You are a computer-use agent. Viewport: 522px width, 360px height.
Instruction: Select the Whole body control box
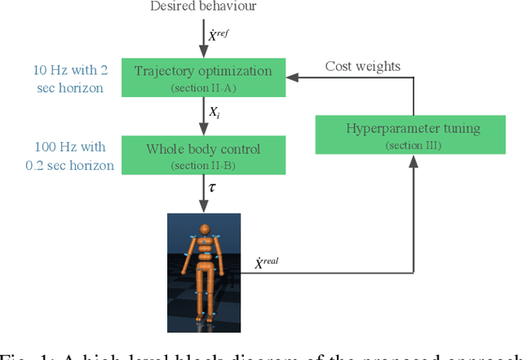pyautogui.click(x=203, y=155)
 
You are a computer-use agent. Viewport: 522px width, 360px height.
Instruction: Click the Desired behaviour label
pyautogui.click(x=203, y=7)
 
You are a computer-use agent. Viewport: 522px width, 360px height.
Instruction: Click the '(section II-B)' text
pyautogui.click(x=203, y=165)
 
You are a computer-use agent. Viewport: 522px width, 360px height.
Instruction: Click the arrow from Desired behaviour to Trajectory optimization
pyautogui.click(x=203, y=37)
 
